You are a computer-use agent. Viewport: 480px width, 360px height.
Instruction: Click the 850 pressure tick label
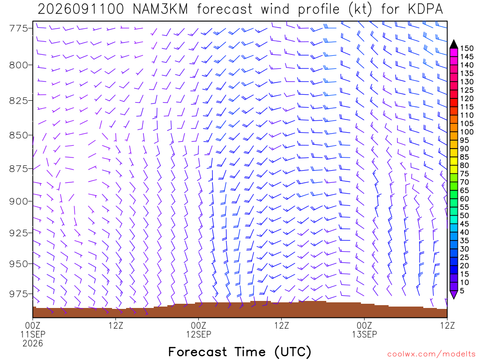point(19,135)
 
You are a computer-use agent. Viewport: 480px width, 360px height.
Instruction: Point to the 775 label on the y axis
point(19,29)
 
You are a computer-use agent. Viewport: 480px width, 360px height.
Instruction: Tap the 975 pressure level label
point(19,294)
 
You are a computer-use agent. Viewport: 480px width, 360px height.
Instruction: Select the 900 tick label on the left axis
point(19,202)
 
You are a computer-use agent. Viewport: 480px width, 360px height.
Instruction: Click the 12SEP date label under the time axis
point(199,334)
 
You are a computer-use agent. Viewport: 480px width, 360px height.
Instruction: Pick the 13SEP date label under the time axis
point(364,334)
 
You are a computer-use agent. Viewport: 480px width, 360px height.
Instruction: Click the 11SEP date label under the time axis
point(33,334)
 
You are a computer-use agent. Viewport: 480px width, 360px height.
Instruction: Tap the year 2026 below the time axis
point(33,344)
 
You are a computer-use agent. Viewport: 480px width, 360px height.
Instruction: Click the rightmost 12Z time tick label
point(447,325)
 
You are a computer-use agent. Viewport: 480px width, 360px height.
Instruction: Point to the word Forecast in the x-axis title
point(197,352)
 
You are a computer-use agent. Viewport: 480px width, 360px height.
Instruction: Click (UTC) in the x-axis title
point(292,352)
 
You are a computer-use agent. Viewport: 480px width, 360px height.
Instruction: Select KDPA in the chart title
point(425,9)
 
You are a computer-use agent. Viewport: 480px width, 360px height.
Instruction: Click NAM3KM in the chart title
point(160,9)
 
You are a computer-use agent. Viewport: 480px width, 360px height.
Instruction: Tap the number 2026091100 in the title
point(81,9)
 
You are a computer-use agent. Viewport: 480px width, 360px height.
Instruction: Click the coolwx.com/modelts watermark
point(431,354)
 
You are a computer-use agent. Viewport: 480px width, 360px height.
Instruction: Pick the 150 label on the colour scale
point(467,48)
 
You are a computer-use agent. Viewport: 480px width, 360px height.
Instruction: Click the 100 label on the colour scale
point(467,132)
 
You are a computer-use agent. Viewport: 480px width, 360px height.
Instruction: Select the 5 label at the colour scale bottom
point(462,291)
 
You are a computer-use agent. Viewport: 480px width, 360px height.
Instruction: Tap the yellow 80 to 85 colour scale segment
point(454,161)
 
